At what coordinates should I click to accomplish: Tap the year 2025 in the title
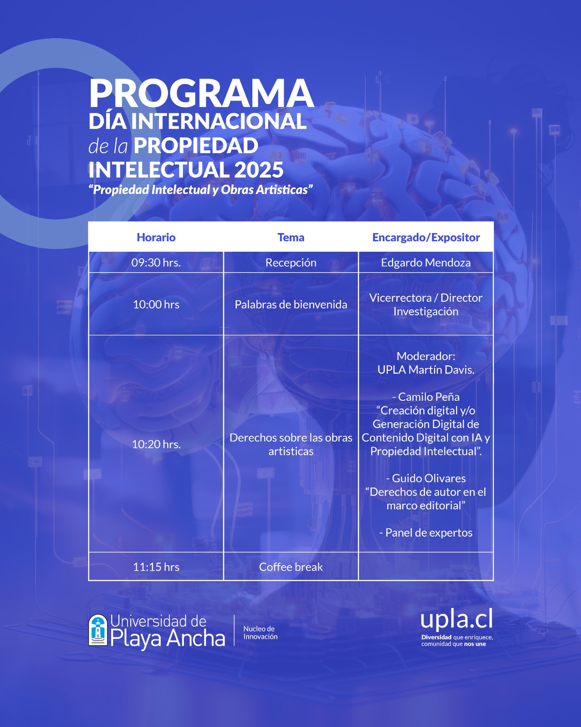pos(259,169)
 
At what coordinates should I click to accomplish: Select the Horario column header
pos(156,238)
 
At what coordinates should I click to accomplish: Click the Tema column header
pos(290,238)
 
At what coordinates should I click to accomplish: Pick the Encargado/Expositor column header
pos(426,238)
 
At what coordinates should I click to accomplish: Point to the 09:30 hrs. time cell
pos(156,263)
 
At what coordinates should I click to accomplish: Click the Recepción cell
pos(290,263)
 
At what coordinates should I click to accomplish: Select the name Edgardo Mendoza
pos(426,263)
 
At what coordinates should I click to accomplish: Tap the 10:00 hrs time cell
pos(156,304)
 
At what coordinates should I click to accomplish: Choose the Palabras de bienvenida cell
pos(290,304)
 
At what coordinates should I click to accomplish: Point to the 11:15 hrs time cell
pos(156,567)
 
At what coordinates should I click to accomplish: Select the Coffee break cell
pos(290,567)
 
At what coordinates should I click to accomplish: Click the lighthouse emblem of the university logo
pos(98,630)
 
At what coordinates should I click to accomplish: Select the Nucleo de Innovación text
pos(260,633)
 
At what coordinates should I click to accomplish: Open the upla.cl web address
pos(457,619)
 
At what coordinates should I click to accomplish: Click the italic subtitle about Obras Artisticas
pos(201,190)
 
